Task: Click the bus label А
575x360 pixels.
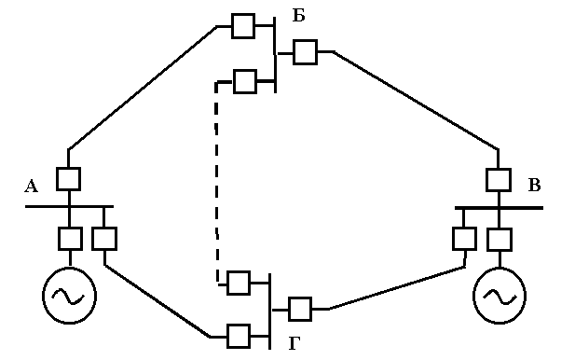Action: tap(31, 186)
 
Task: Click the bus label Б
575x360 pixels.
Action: tap(298, 16)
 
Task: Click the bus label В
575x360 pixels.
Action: tap(534, 185)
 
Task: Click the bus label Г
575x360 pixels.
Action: tap(294, 343)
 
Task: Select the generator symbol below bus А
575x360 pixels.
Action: tap(69, 296)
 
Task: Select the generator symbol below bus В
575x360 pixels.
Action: tap(500, 296)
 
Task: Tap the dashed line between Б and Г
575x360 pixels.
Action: tap(216, 183)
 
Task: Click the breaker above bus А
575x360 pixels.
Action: tap(69, 179)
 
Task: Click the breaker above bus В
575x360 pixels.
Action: tap(499, 180)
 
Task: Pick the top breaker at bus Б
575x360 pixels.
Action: tap(243, 26)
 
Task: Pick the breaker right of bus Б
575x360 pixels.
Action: tap(305, 52)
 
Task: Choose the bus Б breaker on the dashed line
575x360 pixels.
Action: tap(245, 81)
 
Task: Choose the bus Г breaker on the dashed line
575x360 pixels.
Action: tap(239, 283)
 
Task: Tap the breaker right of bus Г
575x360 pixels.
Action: tap(300, 309)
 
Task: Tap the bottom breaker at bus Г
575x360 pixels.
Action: tap(239, 336)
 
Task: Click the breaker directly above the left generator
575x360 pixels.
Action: tap(70, 239)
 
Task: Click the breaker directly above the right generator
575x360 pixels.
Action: tap(500, 240)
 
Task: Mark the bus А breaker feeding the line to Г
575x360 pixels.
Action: tap(104, 239)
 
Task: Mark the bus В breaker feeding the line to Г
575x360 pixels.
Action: tap(465, 239)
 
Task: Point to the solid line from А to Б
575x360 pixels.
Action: tap(142, 88)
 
